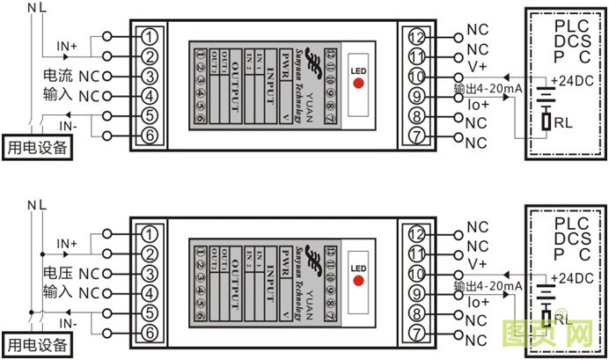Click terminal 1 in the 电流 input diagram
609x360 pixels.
point(152,37)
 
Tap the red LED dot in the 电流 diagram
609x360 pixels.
point(358,84)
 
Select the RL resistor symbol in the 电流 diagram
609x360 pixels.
point(547,121)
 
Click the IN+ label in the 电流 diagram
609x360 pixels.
point(67,44)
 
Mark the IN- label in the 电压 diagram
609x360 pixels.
point(67,324)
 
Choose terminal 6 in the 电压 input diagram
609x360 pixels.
point(152,332)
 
